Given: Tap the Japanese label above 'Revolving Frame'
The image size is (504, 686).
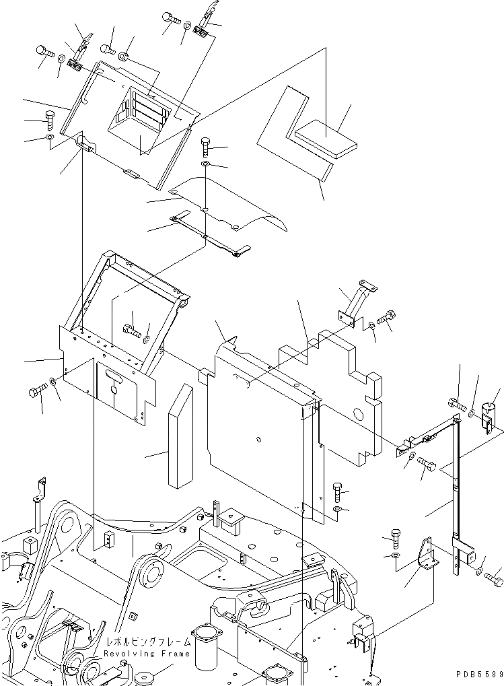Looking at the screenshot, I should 147,643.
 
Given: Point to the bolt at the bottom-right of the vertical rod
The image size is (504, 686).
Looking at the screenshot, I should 494,577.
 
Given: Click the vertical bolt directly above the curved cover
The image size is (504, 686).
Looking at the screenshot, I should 206,146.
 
